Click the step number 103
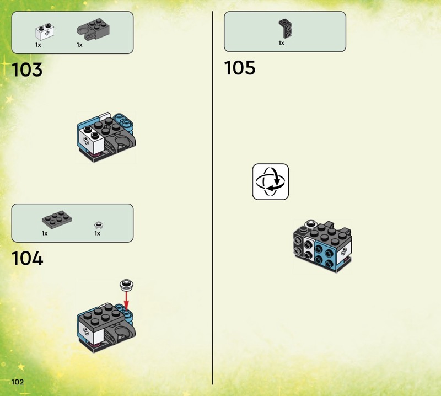tap(27, 71)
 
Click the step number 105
tap(240, 68)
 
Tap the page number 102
tap(17, 382)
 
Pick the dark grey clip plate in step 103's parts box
tap(90, 30)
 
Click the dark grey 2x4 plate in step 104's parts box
tap(59, 221)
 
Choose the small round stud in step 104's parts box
tap(99, 224)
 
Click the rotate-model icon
tap(271, 181)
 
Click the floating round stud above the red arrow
tap(126, 285)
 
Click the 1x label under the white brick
tap(37, 45)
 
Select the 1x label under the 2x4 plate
tap(45, 233)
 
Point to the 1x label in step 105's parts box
tap(281, 42)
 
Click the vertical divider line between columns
tap(213, 199)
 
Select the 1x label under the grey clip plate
tap(79, 45)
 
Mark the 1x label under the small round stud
tap(97, 233)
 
